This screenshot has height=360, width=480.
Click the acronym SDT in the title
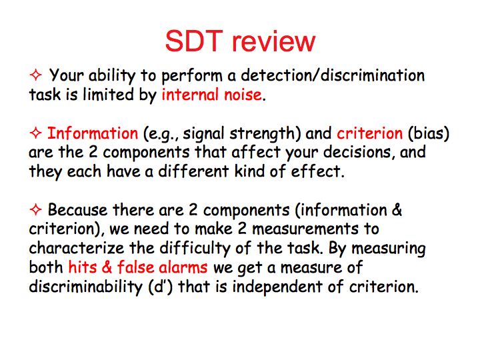pyautogui.click(x=193, y=41)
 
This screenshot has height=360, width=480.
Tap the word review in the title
pyautogui.click(x=274, y=41)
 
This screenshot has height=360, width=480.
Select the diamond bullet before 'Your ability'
pyautogui.click(x=35, y=75)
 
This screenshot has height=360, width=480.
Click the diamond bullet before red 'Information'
pyautogui.click(x=35, y=133)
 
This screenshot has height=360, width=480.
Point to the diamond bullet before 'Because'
pyautogui.click(x=35, y=209)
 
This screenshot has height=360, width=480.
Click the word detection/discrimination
pyautogui.click(x=333, y=75)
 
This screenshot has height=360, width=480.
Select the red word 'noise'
pyautogui.click(x=243, y=95)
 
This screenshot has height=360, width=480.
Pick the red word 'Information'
pyautogui.click(x=93, y=133)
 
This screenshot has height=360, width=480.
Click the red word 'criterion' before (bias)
pyautogui.click(x=369, y=133)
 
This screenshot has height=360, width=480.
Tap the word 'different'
pyautogui.click(x=193, y=171)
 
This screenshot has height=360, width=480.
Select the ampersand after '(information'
pyautogui.click(x=397, y=210)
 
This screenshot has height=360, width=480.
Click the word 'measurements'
pyautogui.click(x=305, y=229)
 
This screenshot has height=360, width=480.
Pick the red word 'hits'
pyautogui.click(x=82, y=267)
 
